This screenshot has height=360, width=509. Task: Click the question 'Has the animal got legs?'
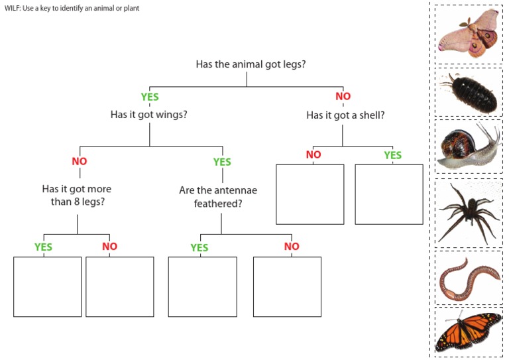(251, 64)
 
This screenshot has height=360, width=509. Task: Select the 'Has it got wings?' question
(149, 115)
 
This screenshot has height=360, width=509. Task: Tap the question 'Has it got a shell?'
(345, 115)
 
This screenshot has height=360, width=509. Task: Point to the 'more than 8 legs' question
(77, 195)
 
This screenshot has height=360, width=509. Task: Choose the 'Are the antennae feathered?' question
(218, 197)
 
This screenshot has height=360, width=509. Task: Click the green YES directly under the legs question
(150, 97)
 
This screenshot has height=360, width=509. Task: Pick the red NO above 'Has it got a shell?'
(343, 96)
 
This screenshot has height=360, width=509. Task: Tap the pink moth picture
(469, 33)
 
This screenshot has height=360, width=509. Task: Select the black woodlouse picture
(470, 93)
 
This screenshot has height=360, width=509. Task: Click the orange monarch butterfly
(469, 331)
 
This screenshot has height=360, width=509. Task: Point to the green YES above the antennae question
(222, 162)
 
